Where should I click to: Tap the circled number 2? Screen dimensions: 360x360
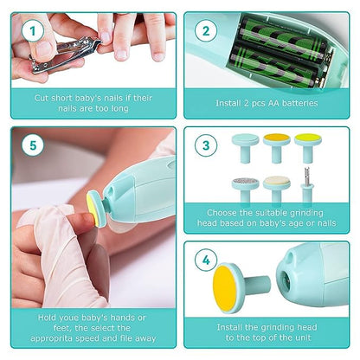(x=206, y=31)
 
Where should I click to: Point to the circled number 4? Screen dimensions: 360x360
(x=206, y=260)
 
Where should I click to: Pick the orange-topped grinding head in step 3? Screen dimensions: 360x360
(x=276, y=138)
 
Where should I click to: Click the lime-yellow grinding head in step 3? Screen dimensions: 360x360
(x=306, y=139)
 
